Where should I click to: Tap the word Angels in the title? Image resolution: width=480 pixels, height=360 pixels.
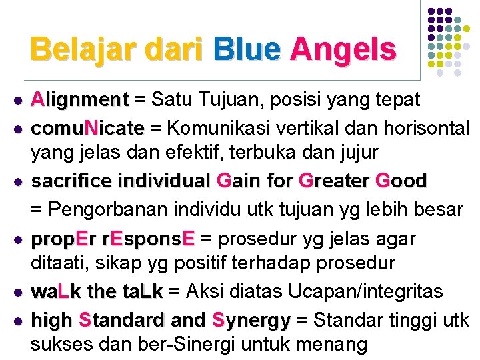(x=343, y=49)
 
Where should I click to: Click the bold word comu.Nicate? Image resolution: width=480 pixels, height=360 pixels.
(x=87, y=127)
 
